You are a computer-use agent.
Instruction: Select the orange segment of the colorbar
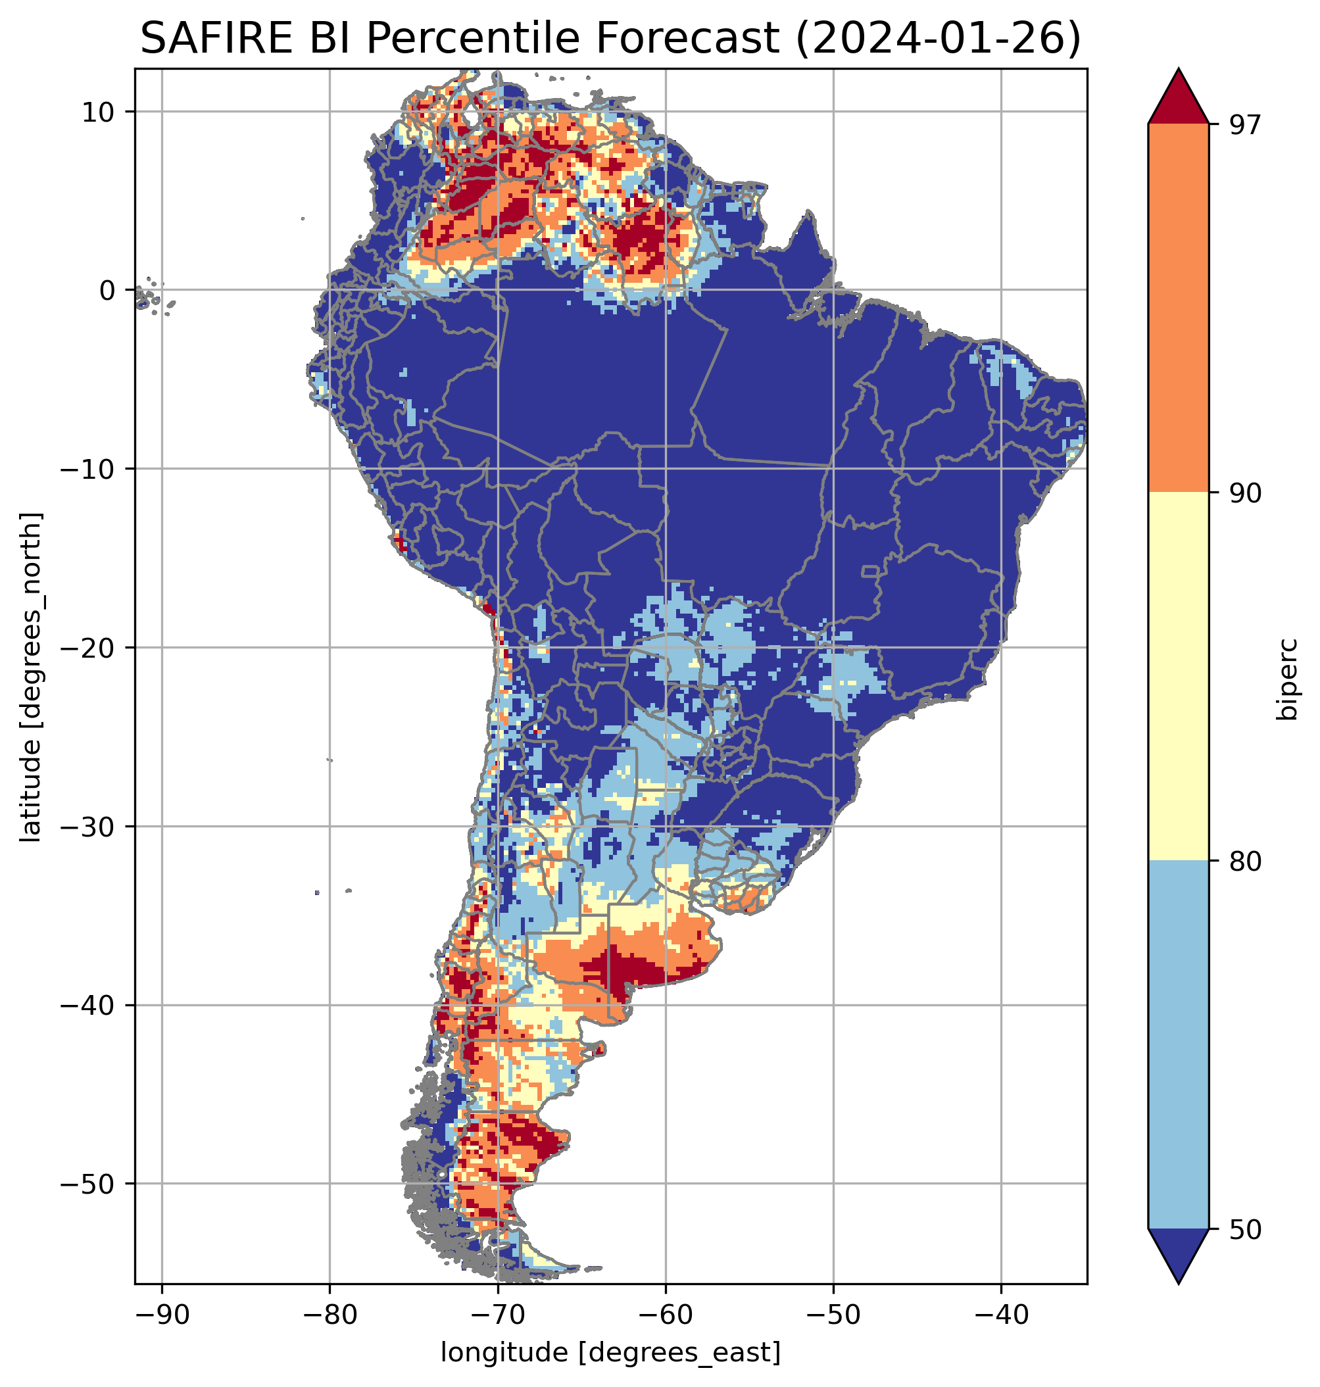(x=1178, y=308)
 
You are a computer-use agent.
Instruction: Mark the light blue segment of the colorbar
(x=1178, y=1045)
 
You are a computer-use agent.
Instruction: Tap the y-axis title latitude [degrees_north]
(x=31, y=677)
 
